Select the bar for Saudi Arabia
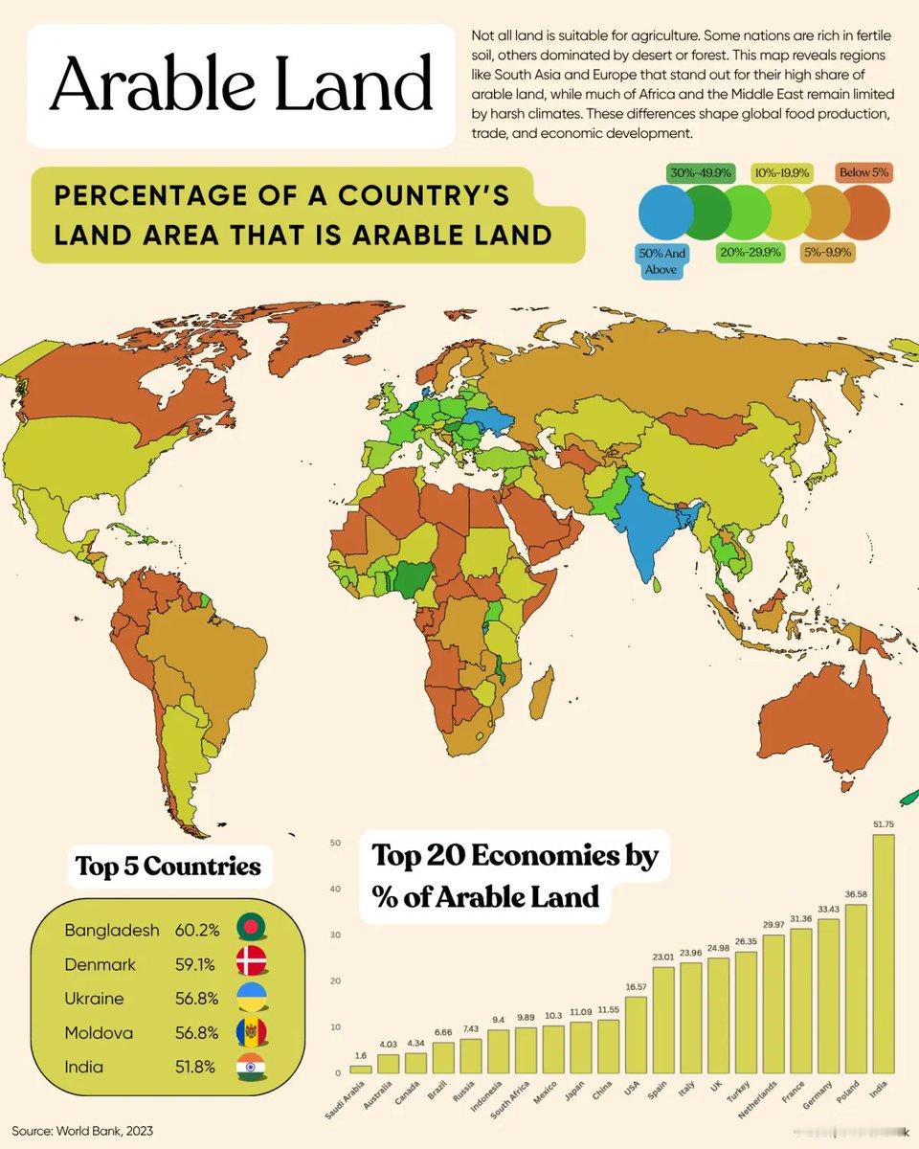pyautogui.click(x=361, y=1069)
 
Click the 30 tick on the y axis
pyautogui.click(x=336, y=935)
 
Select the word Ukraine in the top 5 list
pyautogui.click(x=94, y=999)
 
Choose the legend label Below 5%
pyautogui.click(x=864, y=173)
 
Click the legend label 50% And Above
pyautogui.click(x=661, y=261)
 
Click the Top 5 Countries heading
pyautogui.click(x=168, y=867)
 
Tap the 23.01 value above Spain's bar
pyautogui.click(x=663, y=955)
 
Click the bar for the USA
pyautogui.click(x=635, y=1034)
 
